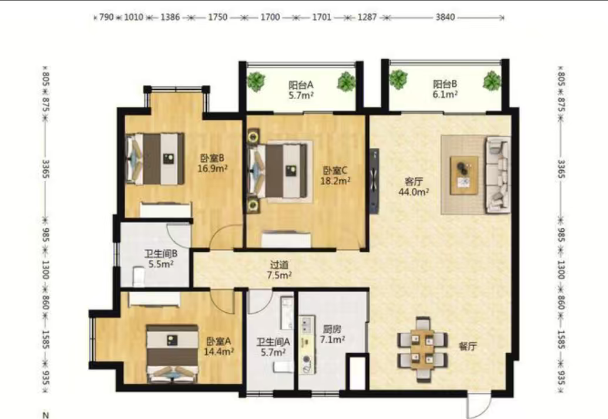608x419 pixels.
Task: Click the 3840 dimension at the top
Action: click(x=445, y=17)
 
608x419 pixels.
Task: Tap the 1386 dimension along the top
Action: click(x=170, y=17)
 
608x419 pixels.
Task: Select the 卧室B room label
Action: click(x=212, y=158)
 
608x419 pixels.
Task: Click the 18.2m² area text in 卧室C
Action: click(x=335, y=181)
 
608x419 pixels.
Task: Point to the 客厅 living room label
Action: click(x=414, y=181)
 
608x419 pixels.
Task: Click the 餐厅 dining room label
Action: click(x=468, y=346)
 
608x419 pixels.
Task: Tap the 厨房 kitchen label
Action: click(x=332, y=329)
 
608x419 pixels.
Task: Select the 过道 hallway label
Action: click(x=279, y=265)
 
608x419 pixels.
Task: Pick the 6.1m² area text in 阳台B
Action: click(x=445, y=94)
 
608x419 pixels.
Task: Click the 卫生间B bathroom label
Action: click(x=161, y=254)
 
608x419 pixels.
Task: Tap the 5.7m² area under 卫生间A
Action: click(x=273, y=352)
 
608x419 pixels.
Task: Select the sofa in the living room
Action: click(x=498, y=175)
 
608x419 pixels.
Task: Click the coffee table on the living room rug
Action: click(x=463, y=175)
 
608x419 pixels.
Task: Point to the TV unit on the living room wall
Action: click(x=374, y=181)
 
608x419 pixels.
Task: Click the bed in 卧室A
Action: click(x=172, y=354)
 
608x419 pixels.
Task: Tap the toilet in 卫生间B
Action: click(x=139, y=276)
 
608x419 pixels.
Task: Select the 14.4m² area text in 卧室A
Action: click(x=219, y=352)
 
